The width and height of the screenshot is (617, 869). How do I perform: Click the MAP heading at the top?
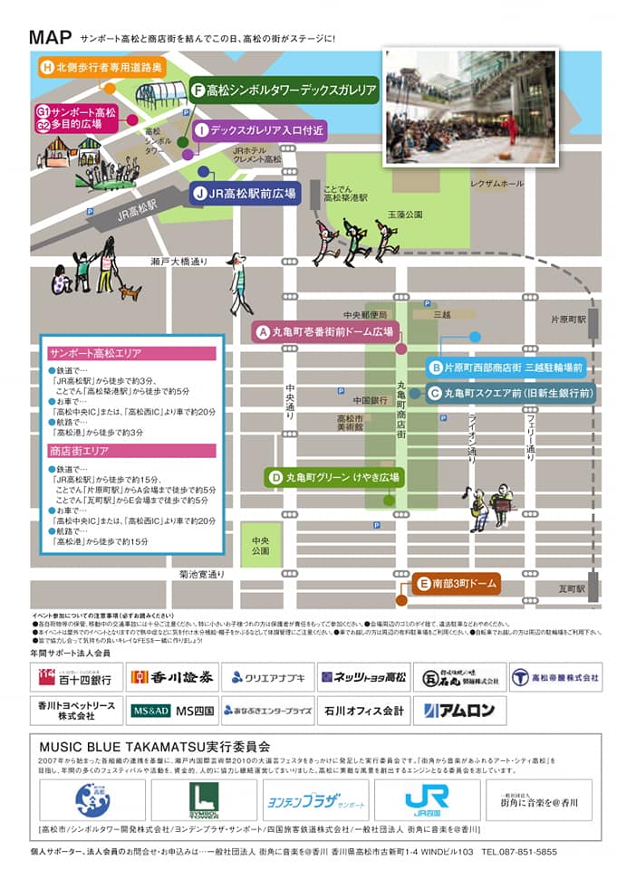point(51,38)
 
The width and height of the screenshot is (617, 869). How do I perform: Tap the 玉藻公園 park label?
point(405,215)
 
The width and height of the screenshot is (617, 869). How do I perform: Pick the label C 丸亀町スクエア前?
point(511,394)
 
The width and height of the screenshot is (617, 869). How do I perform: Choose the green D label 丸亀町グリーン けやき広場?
point(333,477)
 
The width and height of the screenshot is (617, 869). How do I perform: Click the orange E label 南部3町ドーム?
point(456,584)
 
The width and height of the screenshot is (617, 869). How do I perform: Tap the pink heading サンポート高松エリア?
point(132,354)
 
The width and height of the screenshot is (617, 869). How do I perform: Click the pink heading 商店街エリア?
point(132,451)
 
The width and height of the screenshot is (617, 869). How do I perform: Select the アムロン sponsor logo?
point(459,711)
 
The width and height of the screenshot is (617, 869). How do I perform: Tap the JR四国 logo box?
point(428,799)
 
